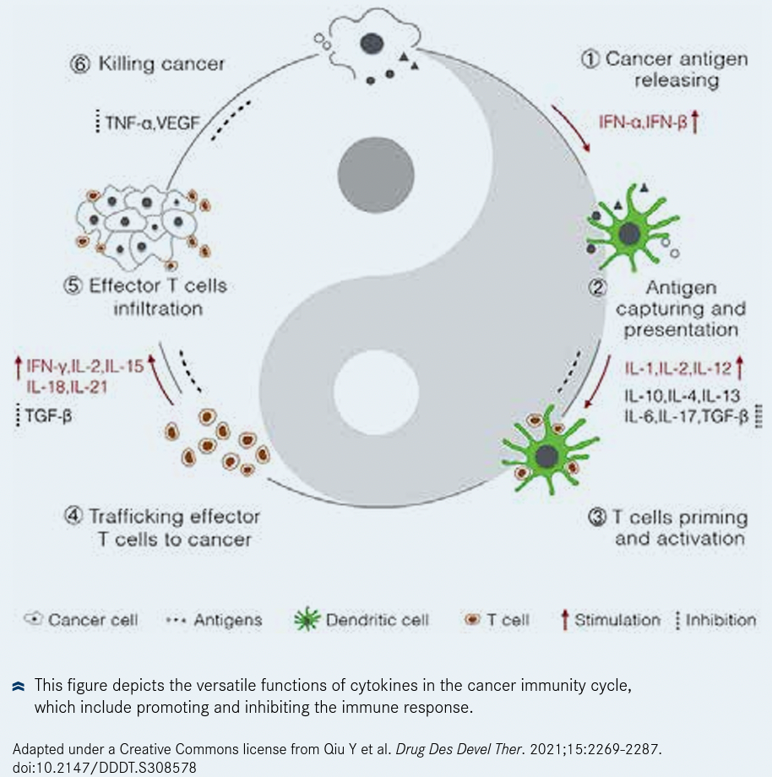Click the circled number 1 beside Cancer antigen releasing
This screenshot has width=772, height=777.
(x=591, y=59)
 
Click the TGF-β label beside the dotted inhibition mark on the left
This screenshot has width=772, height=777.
(x=47, y=416)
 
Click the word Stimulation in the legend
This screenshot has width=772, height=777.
(x=617, y=621)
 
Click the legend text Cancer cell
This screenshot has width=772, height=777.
(x=93, y=621)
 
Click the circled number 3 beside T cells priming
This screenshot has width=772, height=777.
(x=595, y=517)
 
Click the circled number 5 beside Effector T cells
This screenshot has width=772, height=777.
(x=74, y=285)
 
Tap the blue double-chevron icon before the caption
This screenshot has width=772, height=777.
(x=19, y=687)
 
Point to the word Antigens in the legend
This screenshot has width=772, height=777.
(x=228, y=621)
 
